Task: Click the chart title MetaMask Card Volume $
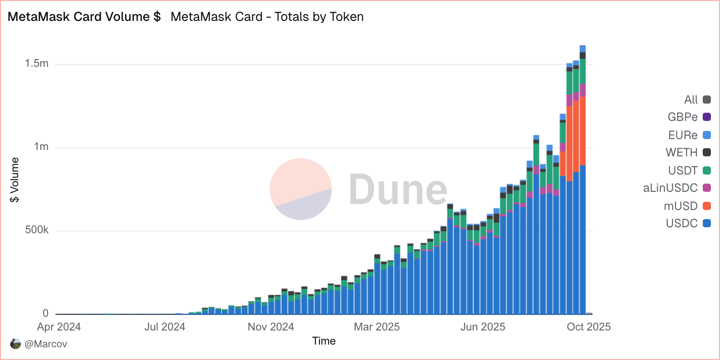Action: pos(84,17)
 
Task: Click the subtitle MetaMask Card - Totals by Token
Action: pos(267,17)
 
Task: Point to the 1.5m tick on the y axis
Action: pos(37,64)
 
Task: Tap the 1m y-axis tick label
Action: pos(41,147)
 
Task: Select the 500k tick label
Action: pos(37,230)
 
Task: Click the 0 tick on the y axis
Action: pos(45,313)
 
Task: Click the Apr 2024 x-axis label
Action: pos(59,327)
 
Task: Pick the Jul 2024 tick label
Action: pos(165,327)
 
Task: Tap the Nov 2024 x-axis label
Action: pos(271,327)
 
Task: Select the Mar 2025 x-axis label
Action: pos(377,327)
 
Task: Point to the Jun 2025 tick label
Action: pos(483,327)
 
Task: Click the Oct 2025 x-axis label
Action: pos(589,327)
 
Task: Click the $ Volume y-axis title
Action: pos(15,180)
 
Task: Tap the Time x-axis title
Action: pos(324,341)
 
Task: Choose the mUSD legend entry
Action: pos(687,206)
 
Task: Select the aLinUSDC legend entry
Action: pos(676,188)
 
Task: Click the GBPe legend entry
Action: pos(689,117)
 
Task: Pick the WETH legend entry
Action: pos(688,152)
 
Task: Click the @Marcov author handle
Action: pos(45,344)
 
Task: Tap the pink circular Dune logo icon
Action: pos(300,189)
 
